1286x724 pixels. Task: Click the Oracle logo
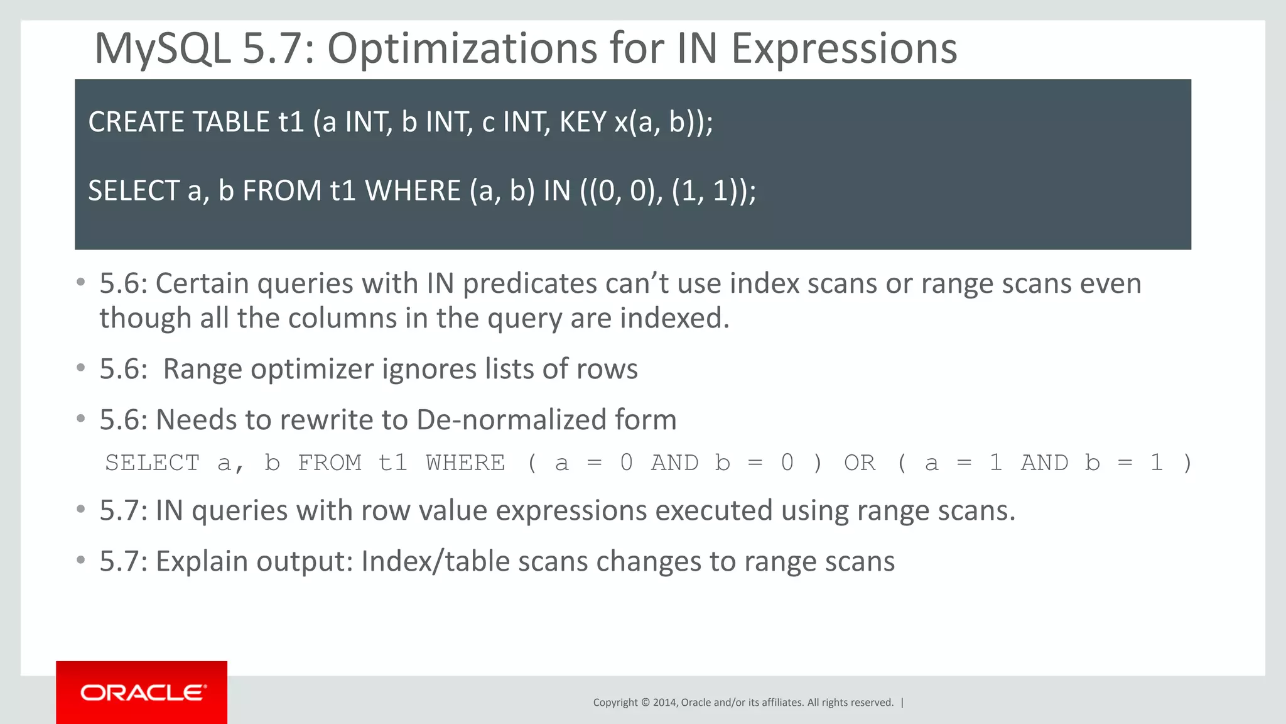(x=142, y=693)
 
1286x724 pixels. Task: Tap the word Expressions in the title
(x=844, y=49)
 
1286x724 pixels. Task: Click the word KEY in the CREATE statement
(x=583, y=122)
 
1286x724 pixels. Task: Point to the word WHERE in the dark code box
(x=413, y=191)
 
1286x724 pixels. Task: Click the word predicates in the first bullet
(x=529, y=284)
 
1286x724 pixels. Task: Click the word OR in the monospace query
(x=859, y=463)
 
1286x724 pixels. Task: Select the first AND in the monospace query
(x=674, y=463)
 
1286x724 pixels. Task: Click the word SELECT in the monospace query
(x=152, y=463)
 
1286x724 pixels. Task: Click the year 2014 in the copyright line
(x=664, y=703)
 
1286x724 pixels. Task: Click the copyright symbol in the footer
(x=645, y=703)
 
